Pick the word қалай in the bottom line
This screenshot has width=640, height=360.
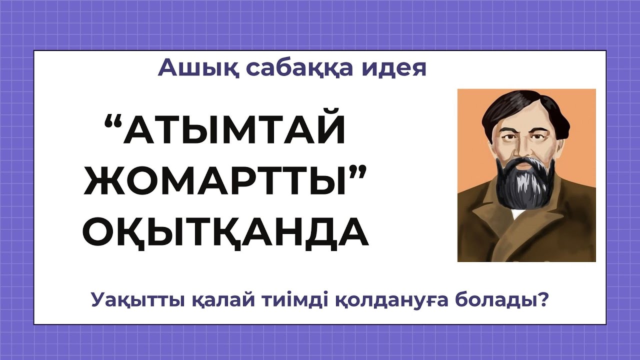pyautogui.click(x=212, y=300)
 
